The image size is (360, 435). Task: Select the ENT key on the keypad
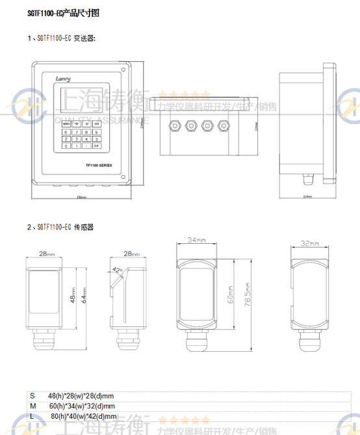click(97, 122)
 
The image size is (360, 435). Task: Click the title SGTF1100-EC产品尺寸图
click(64, 13)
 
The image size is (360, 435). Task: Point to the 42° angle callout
click(117, 269)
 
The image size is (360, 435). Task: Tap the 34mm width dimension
click(198, 241)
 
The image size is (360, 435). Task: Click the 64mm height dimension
click(82, 297)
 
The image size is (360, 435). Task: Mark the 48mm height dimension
click(72, 296)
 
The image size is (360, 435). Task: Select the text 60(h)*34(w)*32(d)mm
click(81, 406)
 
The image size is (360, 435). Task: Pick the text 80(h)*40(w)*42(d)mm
click(83, 416)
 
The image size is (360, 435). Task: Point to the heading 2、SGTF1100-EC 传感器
click(60, 227)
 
